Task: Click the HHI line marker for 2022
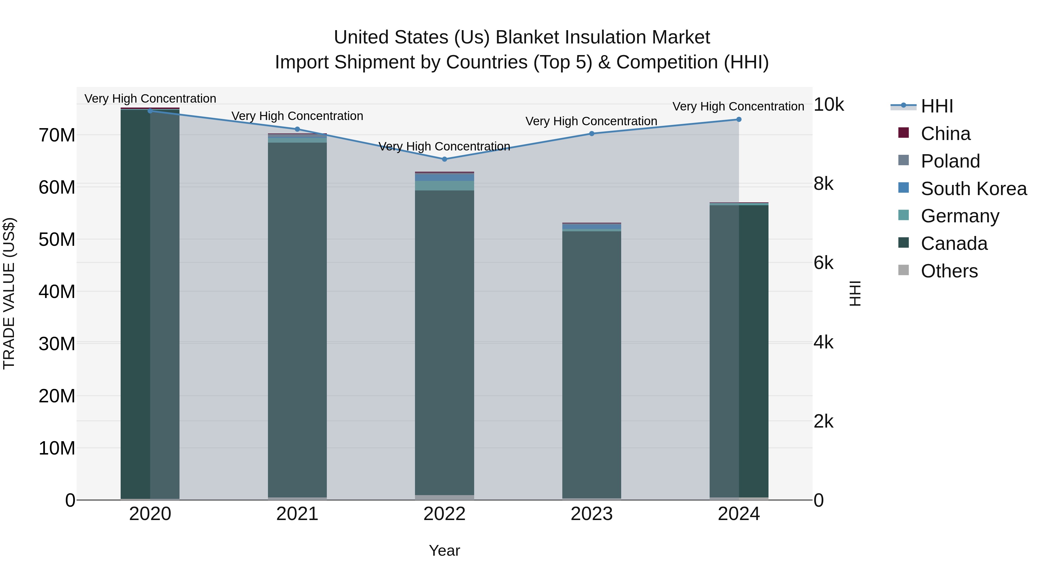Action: tap(444, 159)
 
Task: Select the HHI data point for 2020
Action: tap(150, 111)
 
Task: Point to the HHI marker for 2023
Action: tap(591, 134)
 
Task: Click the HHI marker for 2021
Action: tap(297, 129)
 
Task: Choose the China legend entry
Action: tap(945, 134)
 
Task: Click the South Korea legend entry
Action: tap(974, 189)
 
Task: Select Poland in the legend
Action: tap(950, 161)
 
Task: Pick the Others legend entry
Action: tap(949, 271)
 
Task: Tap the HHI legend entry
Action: tap(937, 106)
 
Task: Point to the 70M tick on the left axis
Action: tap(57, 135)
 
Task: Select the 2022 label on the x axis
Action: tap(444, 514)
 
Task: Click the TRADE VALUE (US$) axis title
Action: tap(9, 293)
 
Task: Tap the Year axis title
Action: tap(444, 550)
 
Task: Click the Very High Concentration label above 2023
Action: tap(591, 121)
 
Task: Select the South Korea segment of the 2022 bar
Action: tap(444, 177)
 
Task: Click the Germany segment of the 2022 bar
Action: tap(444, 186)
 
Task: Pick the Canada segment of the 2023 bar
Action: tap(591, 365)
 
